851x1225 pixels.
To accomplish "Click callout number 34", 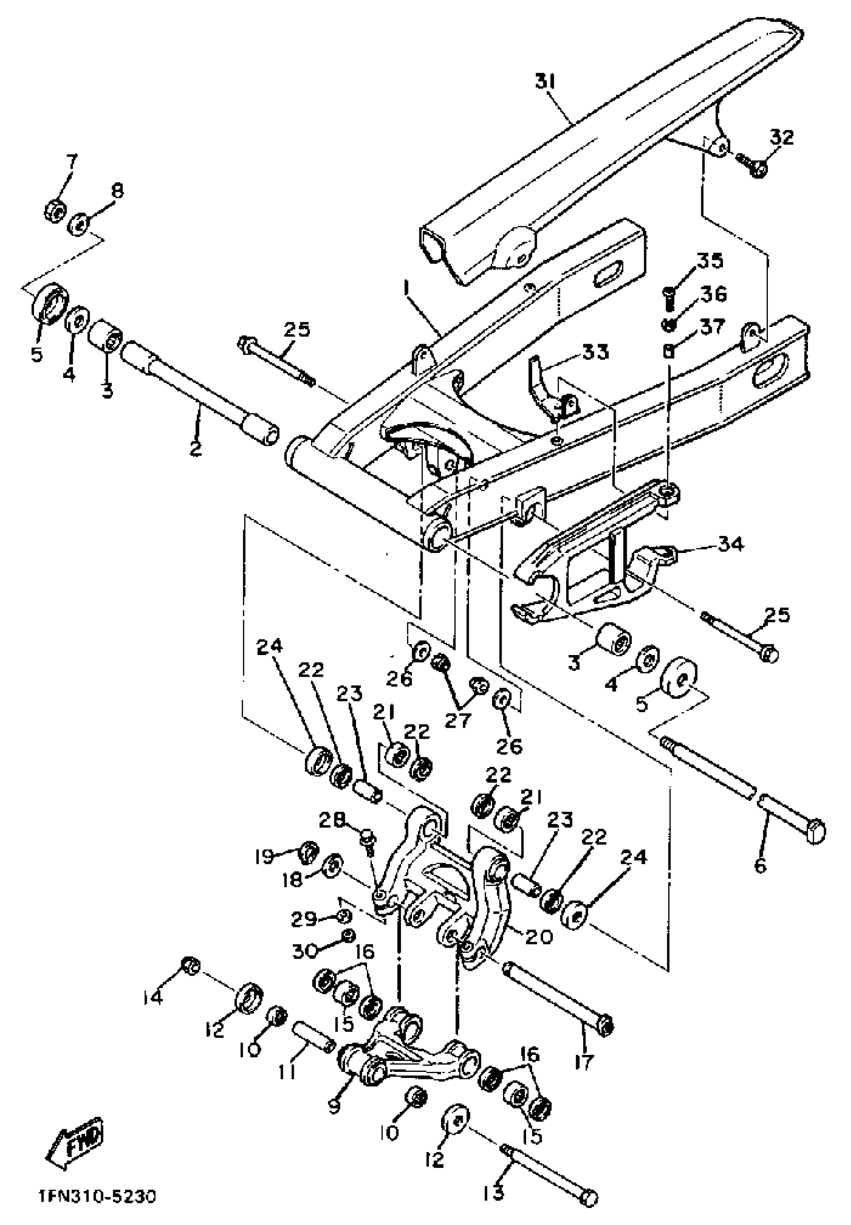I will click(730, 545).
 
